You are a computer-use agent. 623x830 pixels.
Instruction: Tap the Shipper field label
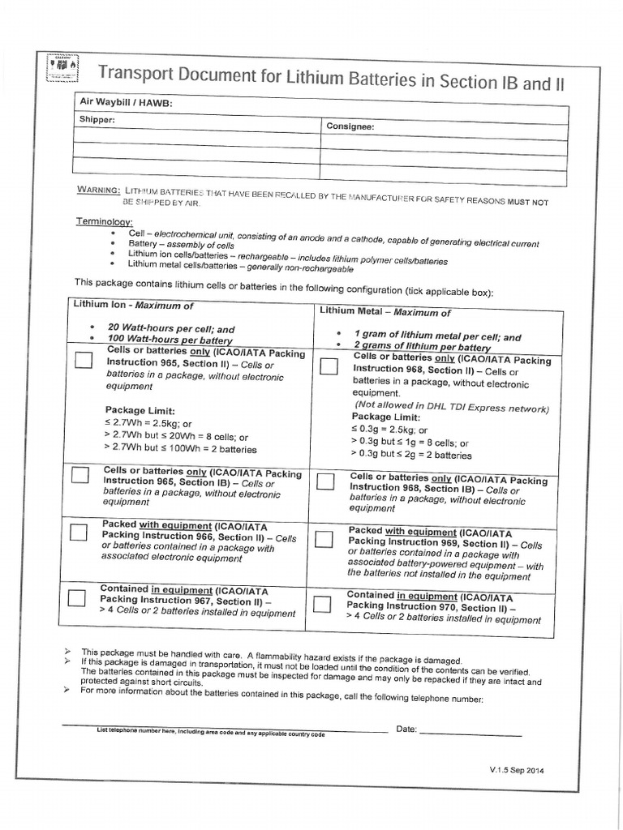pyautogui.click(x=97, y=119)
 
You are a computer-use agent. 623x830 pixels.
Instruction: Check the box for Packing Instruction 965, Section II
pyautogui.click(x=84, y=360)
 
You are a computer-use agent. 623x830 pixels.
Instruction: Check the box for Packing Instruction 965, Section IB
pyautogui.click(x=79, y=476)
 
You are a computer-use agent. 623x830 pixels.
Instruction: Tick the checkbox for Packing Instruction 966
pyautogui.click(x=78, y=533)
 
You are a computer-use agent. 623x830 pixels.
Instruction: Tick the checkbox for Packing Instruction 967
pyautogui.click(x=76, y=598)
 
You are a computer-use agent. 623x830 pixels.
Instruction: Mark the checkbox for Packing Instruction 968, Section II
pyautogui.click(x=329, y=366)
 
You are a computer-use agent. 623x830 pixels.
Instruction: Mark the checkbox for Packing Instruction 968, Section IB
pyautogui.click(x=325, y=481)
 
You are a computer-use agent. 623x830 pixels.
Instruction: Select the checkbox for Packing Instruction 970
pyautogui.click(x=322, y=605)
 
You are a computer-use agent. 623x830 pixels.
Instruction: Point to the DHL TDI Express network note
pyautogui.click(x=451, y=408)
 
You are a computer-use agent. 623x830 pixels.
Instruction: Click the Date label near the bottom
pyautogui.click(x=406, y=729)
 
